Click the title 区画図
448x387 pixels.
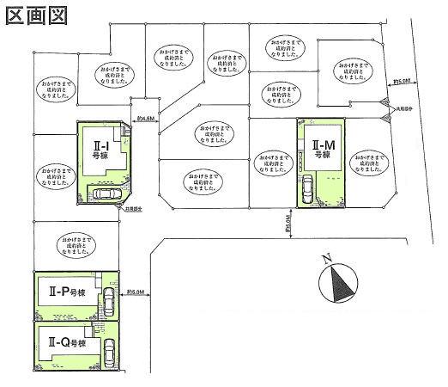[34, 15]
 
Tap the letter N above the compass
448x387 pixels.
[327, 257]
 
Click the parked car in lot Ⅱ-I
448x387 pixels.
[107, 194]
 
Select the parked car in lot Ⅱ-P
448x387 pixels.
[108, 300]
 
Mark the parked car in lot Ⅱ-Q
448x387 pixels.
[109, 353]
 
